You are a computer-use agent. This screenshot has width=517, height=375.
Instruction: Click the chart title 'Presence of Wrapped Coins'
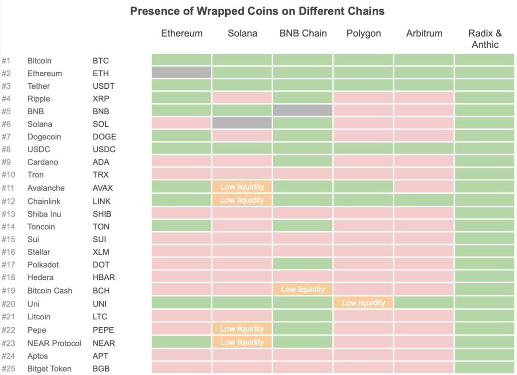click(x=257, y=11)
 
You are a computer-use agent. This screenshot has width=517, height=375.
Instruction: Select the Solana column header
click(x=242, y=34)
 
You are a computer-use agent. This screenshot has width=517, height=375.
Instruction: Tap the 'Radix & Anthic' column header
click(x=485, y=39)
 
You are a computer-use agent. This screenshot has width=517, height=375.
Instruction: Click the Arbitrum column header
click(x=424, y=34)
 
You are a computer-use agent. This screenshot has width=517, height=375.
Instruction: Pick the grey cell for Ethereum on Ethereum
click(x=181, y=73)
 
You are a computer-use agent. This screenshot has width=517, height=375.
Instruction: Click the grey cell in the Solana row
click(x=242, y=124)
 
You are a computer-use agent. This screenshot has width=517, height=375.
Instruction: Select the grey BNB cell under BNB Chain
click(x=302, y=111)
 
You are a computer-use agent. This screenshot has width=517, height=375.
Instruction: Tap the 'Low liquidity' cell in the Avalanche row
click(x=242, y=187)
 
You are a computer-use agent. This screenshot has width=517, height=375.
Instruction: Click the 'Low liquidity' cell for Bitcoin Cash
click(x=302, y=289)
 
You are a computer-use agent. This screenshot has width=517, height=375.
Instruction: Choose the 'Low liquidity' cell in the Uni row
click(x=363, y=303)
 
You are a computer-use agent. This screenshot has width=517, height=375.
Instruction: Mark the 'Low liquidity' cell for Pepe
click(x=242, y=329)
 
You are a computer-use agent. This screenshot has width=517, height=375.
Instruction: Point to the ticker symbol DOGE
click(x=104, y=137)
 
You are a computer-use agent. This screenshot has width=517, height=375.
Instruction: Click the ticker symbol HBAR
click(x=104, y=277)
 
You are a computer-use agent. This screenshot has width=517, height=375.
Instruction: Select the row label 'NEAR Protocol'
click(x=54, y=343)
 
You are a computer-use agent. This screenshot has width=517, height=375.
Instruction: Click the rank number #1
click(x=7, y=61)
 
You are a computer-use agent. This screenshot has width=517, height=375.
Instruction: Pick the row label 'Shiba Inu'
click(x=44, y=214)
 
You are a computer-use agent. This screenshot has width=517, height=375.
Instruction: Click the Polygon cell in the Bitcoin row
click(x=363, y=60)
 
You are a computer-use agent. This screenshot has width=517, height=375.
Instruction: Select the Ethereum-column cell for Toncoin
click(x=181, y=226)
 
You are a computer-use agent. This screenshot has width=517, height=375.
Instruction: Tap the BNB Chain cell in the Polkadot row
click(x=302, y=263)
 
